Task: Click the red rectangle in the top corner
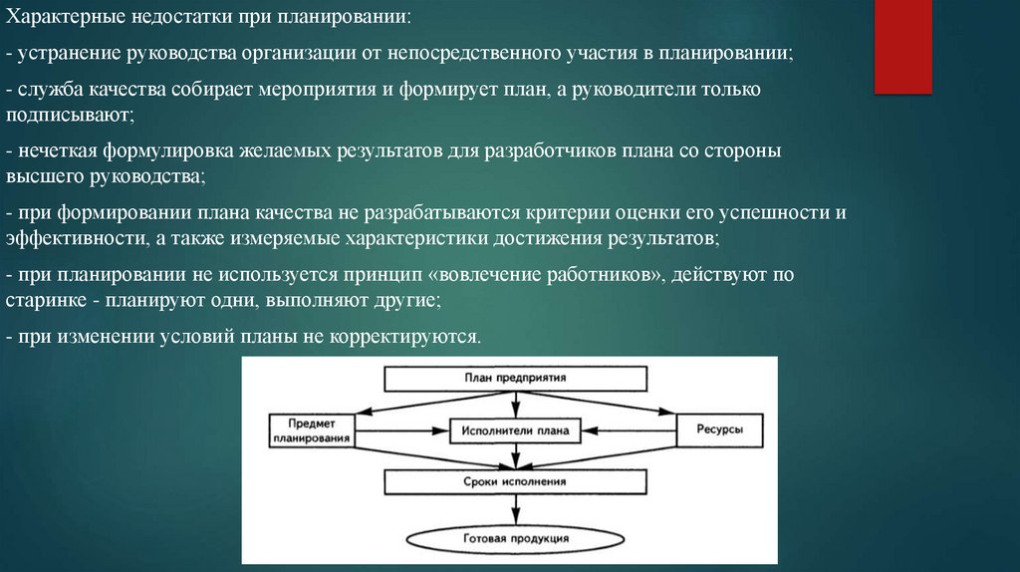click(902, 47)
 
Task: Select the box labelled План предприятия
click(515, 380)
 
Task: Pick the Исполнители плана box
click(515, 431)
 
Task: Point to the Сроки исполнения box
click(515, 482)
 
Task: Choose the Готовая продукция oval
click(515, 538)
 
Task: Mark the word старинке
click(49, 299)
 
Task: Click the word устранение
click(63, 54)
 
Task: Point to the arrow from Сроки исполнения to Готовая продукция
click(515, 509)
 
